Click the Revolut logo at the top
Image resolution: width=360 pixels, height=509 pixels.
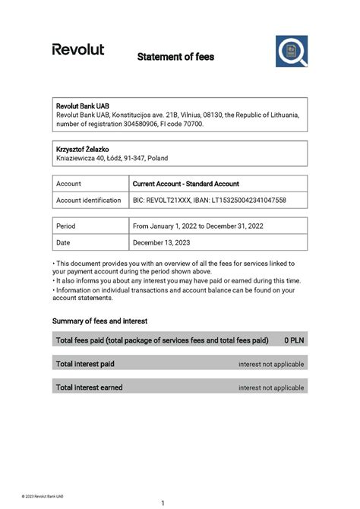click(x=77, y=49)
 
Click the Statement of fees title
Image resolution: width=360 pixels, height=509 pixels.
click(x=175, y=57)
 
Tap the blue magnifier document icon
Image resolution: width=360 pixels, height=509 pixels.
click(x=291, y=51)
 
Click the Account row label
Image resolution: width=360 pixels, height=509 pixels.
click(x=68, y=184)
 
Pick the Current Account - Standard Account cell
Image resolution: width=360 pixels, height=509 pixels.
click(x=185, y=184)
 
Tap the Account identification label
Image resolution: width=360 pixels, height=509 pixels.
click(x=89, y=200)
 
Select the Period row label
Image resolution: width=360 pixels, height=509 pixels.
click(x=66, y=226)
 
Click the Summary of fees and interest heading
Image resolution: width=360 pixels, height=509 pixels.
click(x=99, y=321)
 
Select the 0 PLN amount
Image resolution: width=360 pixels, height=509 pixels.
click(x=294, y=340)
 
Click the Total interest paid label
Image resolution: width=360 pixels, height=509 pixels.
click(x=85, y=364)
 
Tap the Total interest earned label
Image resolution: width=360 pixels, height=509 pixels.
click(x=89, y=387)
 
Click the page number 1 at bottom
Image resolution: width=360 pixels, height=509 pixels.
click(x=163, y=503)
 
